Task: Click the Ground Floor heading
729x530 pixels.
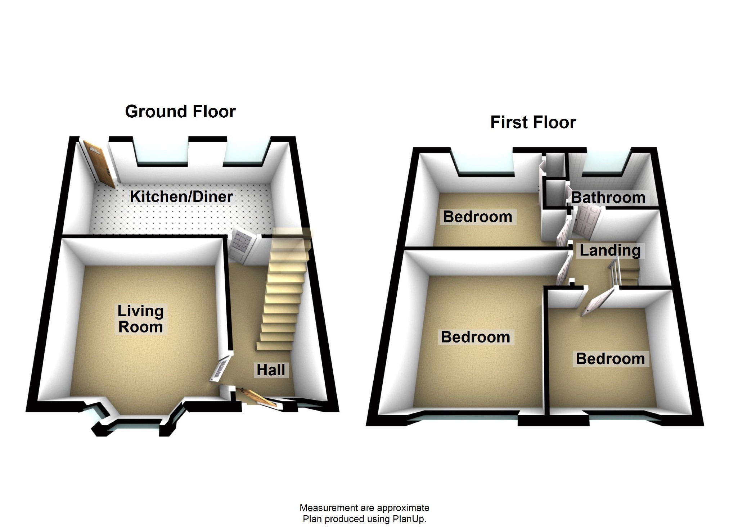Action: click(180, 112)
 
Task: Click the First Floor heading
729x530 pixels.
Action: click(533, 123)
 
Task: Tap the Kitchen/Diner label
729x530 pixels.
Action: click(181, 197)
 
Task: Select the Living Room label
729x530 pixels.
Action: click(140, 319)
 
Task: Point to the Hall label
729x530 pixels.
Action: click(271, 370)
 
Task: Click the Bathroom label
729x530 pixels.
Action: click(608, 198)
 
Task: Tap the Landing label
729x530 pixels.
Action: click(610, 250)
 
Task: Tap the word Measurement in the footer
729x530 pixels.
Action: click(328, 508)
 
